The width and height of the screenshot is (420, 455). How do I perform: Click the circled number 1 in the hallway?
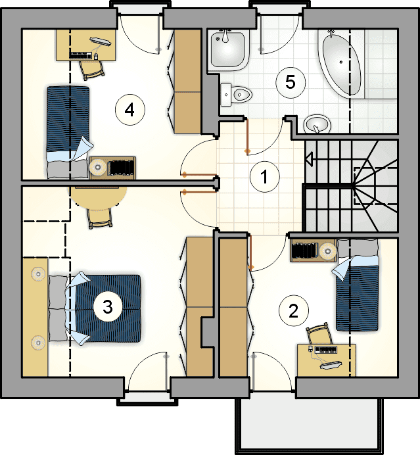pyautogui.click(x=264, y=177)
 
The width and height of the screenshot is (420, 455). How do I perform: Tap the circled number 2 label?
pyautogui.click(x=293, y=311)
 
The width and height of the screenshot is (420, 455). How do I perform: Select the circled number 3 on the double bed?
pyautogui.click(x=108, y=306)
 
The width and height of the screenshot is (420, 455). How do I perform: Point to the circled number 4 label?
pyautogui.click(x=129, y=110)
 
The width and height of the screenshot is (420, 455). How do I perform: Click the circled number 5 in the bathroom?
pyautogui.click(x=291, y=82)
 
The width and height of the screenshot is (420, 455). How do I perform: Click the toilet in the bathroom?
pyautogui.click(x=235, y=94)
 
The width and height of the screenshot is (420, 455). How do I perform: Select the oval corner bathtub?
pyautogui.click(x=340, y=62)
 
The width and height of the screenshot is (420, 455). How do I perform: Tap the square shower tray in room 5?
pyautogui.click(x=228, y=50)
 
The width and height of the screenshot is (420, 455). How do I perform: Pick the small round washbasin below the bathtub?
pyautogui.click(x=317, y=124)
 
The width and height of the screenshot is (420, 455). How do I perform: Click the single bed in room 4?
pyautogui.click(x=68, y=132)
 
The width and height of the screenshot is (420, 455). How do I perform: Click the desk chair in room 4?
pyautogui.click(x=91, y=70)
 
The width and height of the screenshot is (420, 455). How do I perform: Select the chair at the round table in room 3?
pyautogui.click(x=100, y=218)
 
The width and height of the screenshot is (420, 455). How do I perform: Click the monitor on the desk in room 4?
pyautogui.click(x=101, y=42)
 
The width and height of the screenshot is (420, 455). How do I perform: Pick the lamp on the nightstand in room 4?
pyautogui.click(x=98, y=167)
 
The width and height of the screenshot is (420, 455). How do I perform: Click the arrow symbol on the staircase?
pyautogui.click(x=310, y=159)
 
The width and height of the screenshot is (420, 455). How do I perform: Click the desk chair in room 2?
pyautogui.click(x=319, y=334)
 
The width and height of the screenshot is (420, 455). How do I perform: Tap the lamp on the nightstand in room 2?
pyautogui.click(x=328, y=251)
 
